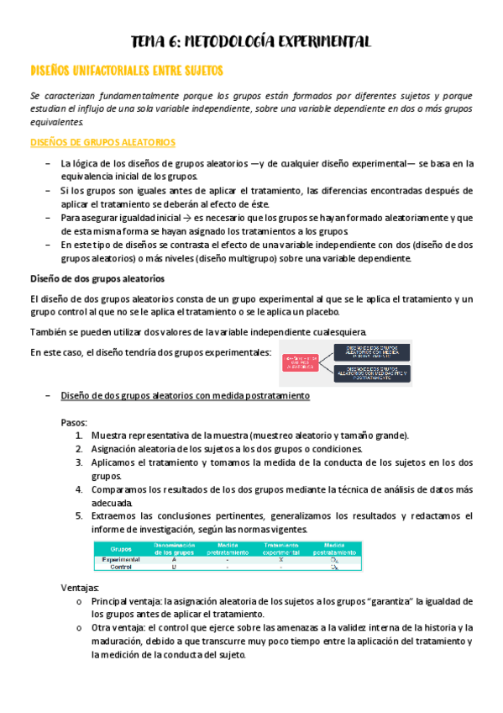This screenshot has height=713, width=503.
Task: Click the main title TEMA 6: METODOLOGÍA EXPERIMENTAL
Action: pos(251,42)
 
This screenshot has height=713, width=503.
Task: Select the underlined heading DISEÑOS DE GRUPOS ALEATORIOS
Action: pos(102,143)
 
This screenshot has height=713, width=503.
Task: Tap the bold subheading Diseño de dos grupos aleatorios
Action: pos(97,277)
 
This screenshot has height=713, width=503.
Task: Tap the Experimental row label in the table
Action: pos(122,559)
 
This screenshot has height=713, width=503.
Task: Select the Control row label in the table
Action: pos(122,568)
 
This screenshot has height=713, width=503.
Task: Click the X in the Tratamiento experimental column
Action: pos(280,559)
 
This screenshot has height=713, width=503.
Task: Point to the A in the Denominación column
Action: pos(174,559)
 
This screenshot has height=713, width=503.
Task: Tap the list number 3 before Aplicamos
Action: pos(78,463)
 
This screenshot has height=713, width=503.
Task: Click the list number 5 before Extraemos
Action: pos(78,515)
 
